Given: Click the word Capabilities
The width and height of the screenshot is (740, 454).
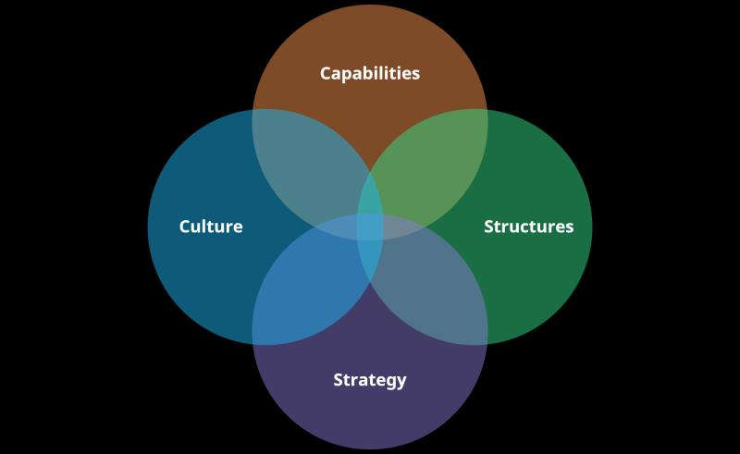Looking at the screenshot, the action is click(370, 74).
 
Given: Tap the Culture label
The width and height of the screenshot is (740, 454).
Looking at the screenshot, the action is click(211, 227).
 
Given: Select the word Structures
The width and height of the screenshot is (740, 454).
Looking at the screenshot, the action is click(529, 227).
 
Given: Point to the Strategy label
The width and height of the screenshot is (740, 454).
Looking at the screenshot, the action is click(370, 380).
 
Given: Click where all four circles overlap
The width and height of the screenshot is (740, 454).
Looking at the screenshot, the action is click(370, 227).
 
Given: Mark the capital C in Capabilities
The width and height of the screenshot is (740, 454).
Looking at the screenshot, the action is click(327, 73).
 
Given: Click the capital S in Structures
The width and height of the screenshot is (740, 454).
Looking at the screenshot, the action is click(489, 227).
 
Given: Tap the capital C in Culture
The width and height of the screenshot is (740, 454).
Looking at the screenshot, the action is click(186, 227).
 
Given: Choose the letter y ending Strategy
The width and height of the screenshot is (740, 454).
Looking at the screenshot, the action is click(401, 382).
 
